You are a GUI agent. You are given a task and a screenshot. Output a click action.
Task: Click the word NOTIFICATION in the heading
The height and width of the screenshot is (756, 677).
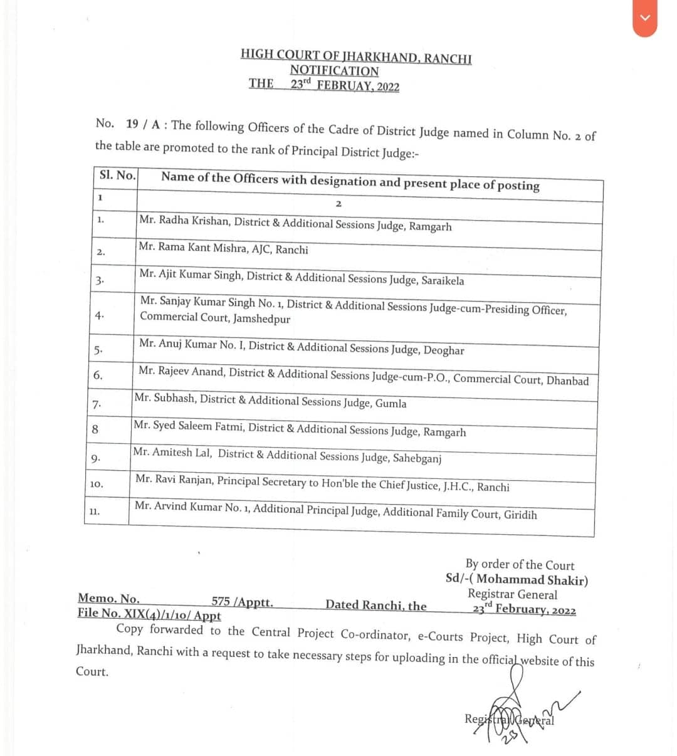334,71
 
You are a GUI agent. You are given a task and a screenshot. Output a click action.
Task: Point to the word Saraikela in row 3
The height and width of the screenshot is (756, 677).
442,280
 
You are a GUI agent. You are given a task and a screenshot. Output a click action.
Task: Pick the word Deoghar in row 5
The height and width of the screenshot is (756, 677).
444,350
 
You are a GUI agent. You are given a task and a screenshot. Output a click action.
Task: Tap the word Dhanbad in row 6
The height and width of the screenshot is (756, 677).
567,381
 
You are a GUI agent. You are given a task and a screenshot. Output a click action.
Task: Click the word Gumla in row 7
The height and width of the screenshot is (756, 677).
391,404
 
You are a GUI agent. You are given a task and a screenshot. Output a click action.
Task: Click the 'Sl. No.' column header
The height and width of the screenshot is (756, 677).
117,175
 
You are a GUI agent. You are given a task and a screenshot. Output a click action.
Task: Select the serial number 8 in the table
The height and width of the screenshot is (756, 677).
95,429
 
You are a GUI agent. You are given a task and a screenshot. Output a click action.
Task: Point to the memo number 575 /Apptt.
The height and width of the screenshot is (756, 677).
242,602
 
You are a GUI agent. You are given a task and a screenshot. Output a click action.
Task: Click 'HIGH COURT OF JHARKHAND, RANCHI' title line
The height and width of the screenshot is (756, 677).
355,56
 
